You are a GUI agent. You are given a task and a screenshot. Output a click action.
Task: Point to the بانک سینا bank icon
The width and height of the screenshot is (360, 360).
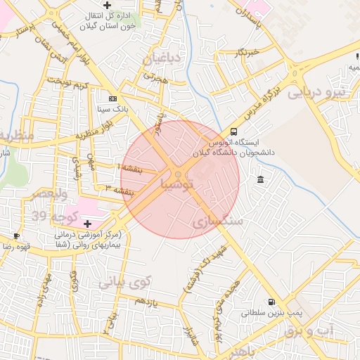113,98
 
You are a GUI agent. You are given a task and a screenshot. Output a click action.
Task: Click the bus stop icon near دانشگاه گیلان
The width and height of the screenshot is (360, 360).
233,131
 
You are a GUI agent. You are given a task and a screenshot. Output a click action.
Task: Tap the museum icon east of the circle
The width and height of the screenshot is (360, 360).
261,181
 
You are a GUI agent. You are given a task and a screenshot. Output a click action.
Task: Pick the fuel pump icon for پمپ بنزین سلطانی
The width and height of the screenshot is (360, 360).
271,302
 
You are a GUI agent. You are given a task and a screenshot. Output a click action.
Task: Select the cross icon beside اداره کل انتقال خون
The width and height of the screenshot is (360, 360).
107,6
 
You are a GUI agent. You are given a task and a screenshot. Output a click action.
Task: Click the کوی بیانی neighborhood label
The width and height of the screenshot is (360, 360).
125,283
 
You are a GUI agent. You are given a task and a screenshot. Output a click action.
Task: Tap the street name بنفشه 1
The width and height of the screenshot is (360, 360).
131,169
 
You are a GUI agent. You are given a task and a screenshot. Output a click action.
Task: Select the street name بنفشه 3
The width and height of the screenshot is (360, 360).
119,190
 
